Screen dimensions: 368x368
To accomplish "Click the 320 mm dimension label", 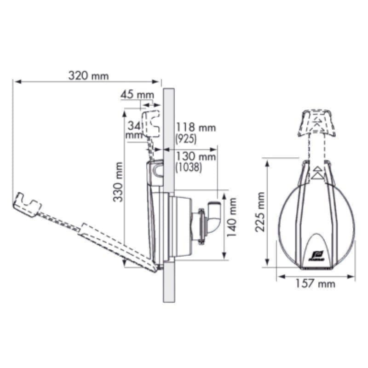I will [x=88, y=76].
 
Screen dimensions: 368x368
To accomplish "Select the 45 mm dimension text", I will [x=137, y=95].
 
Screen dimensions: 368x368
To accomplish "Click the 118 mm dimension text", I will [x=195, y=127].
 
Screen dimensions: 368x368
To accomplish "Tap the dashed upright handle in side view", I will [x=150, y=123].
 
